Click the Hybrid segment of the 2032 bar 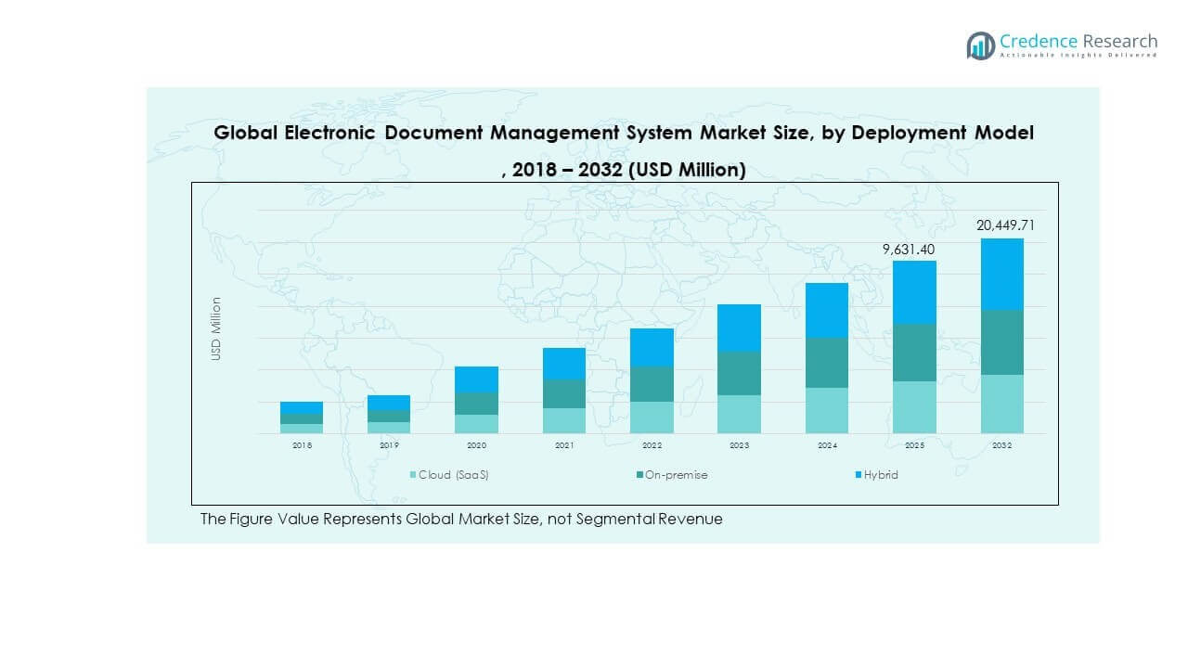tap(1001, 274)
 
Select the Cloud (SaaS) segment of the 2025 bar tap(914, 407)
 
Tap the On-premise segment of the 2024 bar tap(827, 363)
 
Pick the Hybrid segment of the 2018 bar tap(302, 408)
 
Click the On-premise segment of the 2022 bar tap(652, 384)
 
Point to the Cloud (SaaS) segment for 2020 tap(476, 424)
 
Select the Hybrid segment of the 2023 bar tap(739, 328)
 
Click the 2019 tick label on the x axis tap(389, 446)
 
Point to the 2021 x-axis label tap(564, 446)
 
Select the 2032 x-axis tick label tap(1001, 446)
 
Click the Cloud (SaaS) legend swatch tap(414, 476)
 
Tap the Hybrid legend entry tap(880, 475)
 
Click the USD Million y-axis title tap(216, 328)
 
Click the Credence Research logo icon tap(980, 45)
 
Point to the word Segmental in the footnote tap(616, 520)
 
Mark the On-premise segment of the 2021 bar tap(564, 393)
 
